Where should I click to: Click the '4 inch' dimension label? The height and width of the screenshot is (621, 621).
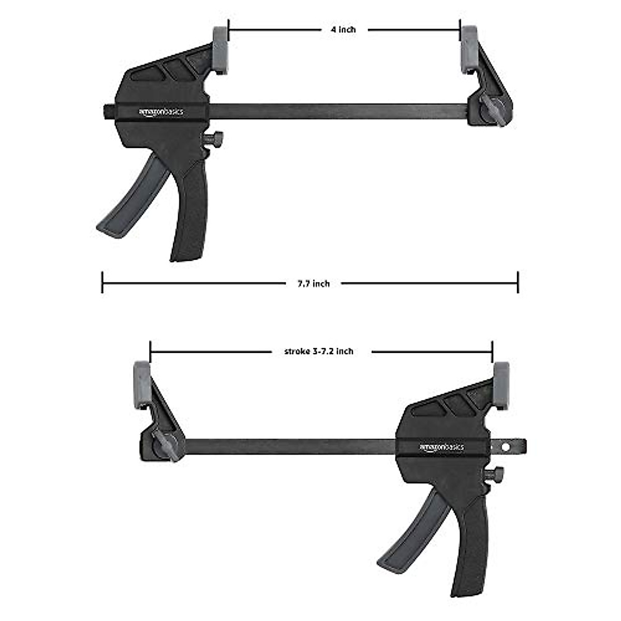coord(344,30)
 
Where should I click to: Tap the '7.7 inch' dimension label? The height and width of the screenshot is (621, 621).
coord(314,284)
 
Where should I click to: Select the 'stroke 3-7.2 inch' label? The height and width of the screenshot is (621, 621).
coord(319,351)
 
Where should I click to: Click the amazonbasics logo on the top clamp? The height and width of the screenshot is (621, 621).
coord(160,112)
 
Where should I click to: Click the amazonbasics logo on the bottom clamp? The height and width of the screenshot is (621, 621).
coord(441,447)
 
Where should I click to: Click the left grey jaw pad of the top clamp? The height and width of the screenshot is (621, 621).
coord(220,50)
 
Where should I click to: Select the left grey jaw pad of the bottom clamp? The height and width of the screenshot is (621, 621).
coord(142,385)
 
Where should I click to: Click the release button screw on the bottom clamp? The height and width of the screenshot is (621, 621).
coord(495,474)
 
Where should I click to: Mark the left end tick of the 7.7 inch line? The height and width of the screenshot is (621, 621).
coord(102,283)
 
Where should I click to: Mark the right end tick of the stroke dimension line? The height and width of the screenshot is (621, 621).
coord(492,351)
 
